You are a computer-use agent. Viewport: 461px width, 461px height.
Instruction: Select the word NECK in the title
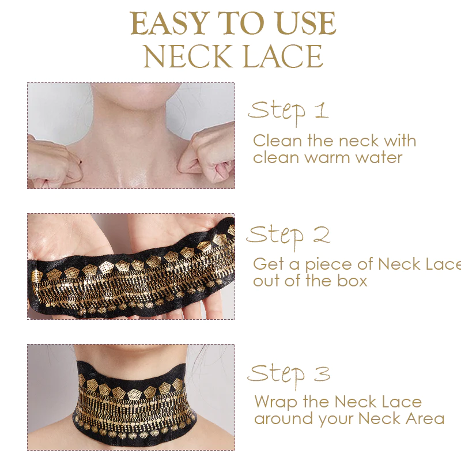(188, 56)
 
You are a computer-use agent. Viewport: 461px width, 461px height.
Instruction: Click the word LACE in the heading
(283, 56)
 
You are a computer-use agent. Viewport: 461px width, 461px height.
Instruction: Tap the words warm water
(353, 158)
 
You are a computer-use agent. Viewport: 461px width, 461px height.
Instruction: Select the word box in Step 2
(352, 280)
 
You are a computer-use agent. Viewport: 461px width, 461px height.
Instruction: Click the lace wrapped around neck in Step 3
(134, 402)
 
